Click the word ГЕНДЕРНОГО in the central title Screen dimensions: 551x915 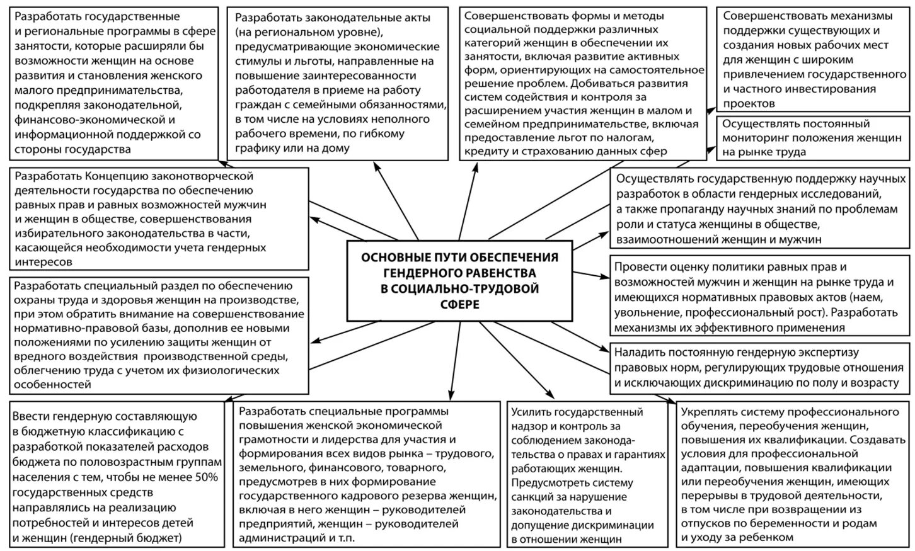(x=420, y=273)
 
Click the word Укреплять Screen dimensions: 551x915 (x=708, y=412)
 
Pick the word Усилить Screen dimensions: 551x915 (x=531, y=412)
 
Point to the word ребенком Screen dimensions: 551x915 (x=766, y=537)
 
